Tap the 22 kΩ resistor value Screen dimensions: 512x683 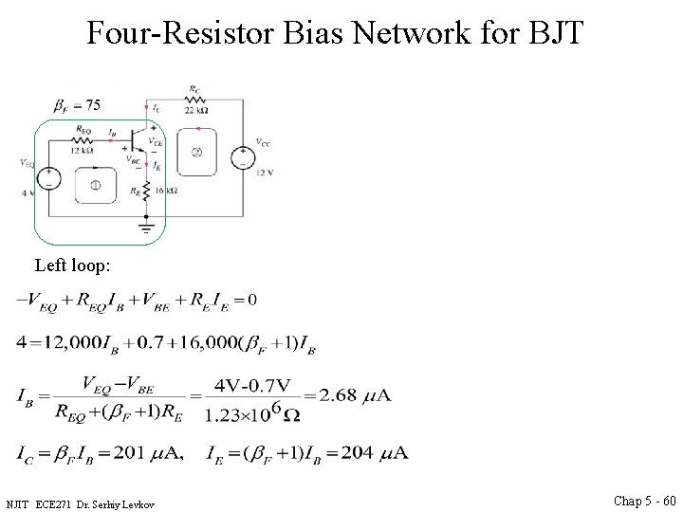pos(195,110)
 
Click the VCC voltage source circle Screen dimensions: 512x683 pos(243,155)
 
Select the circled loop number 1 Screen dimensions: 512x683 pos(96,186)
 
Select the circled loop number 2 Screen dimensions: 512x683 pos(196,152)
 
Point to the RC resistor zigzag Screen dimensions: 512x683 pos(195,100)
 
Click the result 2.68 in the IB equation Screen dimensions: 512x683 pos(341,394)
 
